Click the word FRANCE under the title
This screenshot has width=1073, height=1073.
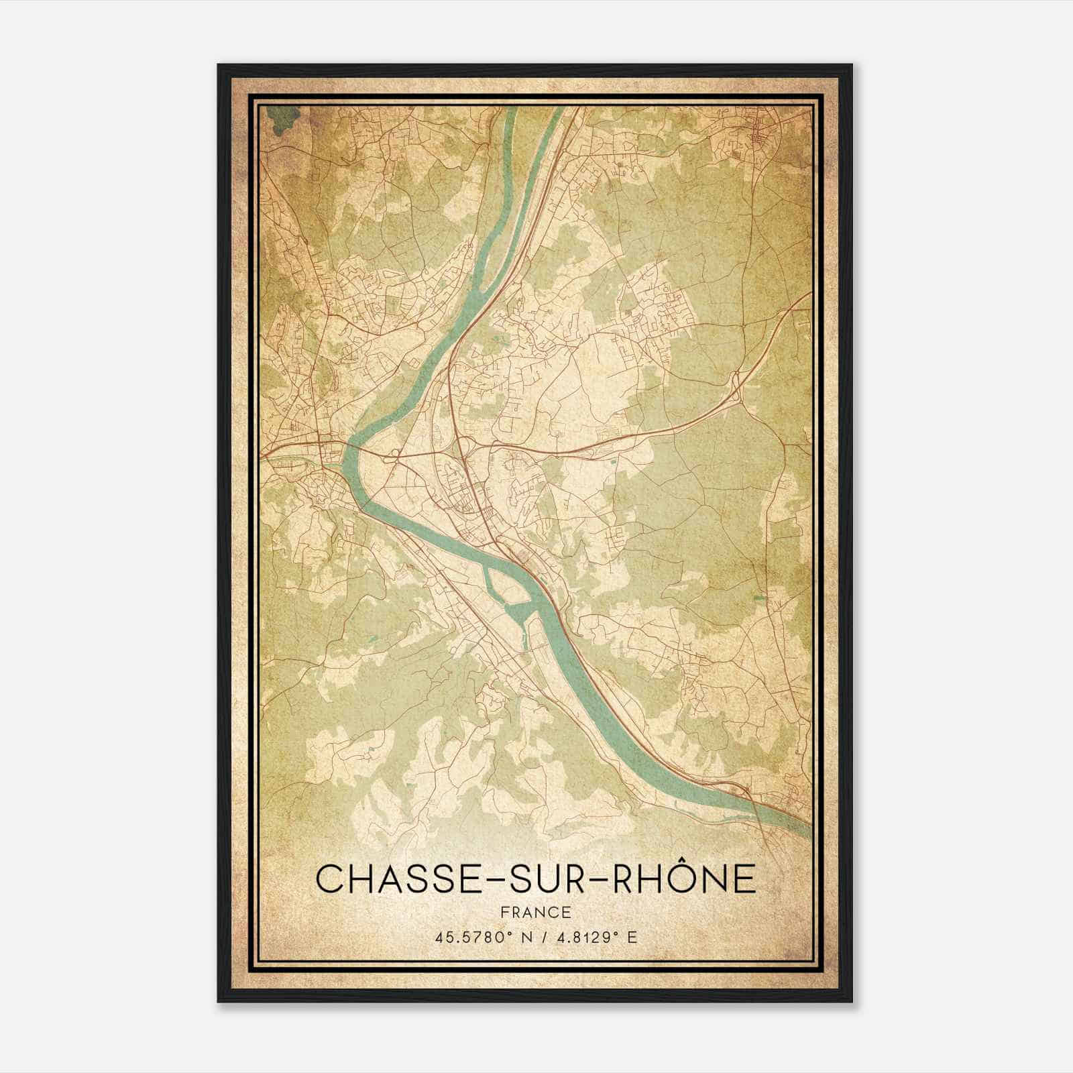coord(536,912)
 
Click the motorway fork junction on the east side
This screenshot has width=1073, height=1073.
coord(736,390)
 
